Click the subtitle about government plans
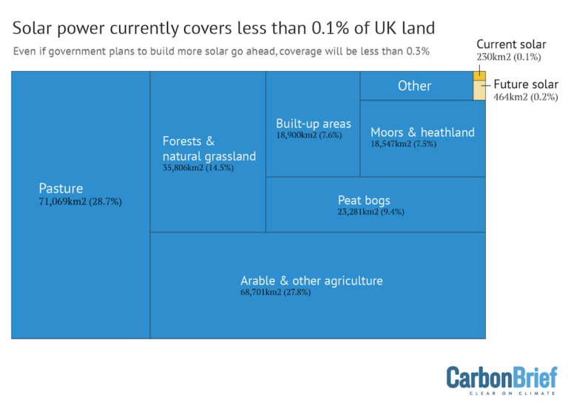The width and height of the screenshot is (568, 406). click(221, 52)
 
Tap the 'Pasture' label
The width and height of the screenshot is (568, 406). click(61, 189)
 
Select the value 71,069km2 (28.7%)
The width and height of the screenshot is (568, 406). click(80, 201)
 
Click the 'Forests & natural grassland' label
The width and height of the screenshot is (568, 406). click(209, 148)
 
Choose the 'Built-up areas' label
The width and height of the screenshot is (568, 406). click(314, 124)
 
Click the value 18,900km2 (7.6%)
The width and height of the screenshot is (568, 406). click(309, 136)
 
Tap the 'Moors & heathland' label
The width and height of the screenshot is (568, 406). click(422, 132)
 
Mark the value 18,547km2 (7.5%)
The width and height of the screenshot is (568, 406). click(403, 144)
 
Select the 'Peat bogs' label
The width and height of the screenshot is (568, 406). click(364, 200)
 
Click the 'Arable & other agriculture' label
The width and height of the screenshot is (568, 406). click(311, 280)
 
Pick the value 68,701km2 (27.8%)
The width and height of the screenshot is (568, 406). click(276, 293)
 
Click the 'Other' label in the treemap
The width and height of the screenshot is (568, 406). click(414, 86)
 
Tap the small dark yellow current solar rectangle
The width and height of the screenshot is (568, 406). click(479, 75)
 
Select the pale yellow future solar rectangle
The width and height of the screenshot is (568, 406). click(479, 90)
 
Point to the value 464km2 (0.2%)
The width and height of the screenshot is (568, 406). click(526, 97)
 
